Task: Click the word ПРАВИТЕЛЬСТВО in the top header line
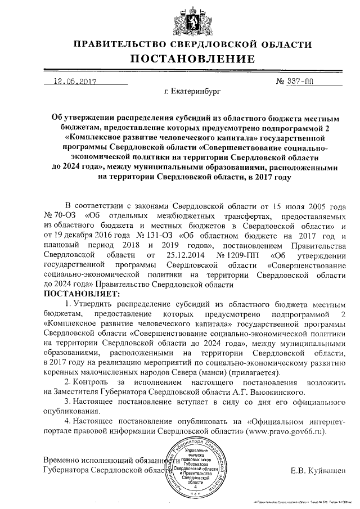tap(120, 44)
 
